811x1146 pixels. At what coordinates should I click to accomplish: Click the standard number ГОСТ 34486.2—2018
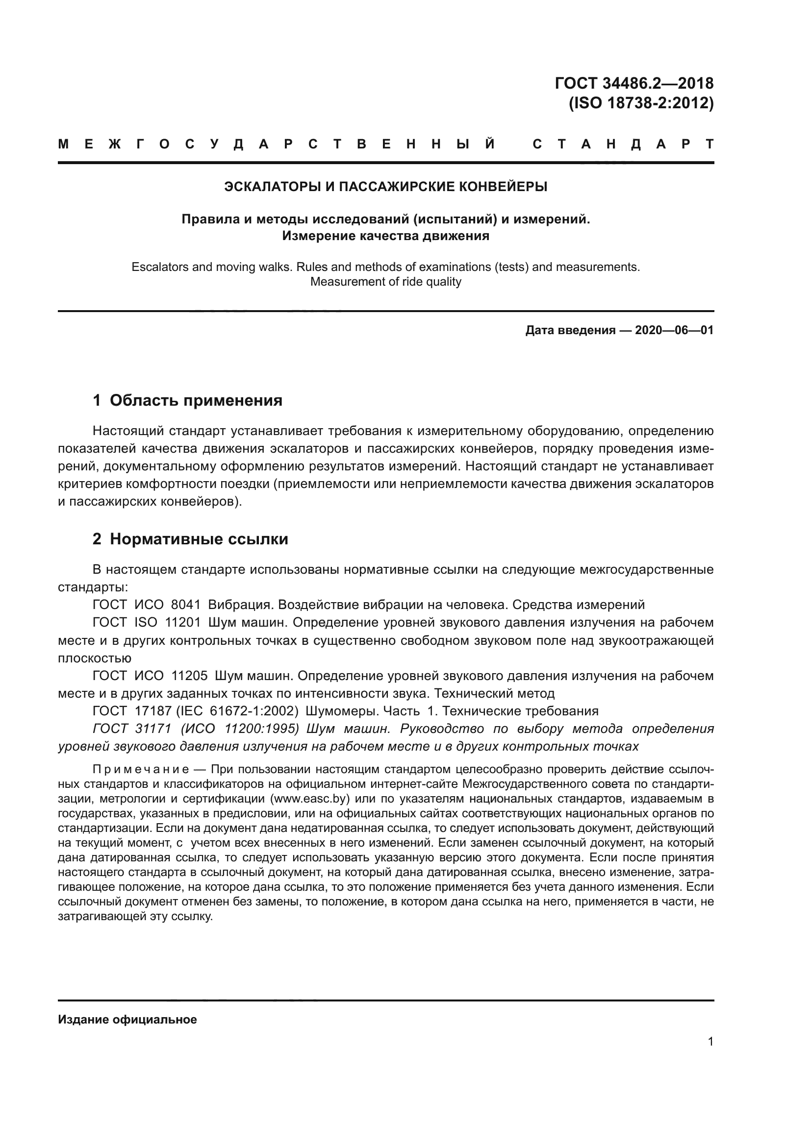[634, 83]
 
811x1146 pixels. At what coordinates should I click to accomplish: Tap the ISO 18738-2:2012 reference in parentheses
[641, 103]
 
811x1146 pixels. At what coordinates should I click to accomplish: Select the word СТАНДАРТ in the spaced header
[623, 145]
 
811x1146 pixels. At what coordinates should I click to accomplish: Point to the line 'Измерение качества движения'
[385, 236]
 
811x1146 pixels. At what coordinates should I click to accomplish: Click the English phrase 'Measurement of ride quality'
[385, 282]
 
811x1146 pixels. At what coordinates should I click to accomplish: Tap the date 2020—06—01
[674, 330]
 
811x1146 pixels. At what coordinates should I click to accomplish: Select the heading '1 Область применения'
[187, 400]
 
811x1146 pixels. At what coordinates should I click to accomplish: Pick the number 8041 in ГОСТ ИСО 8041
[185, 605]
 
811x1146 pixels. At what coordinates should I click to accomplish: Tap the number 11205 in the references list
[189, 676]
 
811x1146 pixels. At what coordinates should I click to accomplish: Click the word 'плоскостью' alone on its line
[94, 658]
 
